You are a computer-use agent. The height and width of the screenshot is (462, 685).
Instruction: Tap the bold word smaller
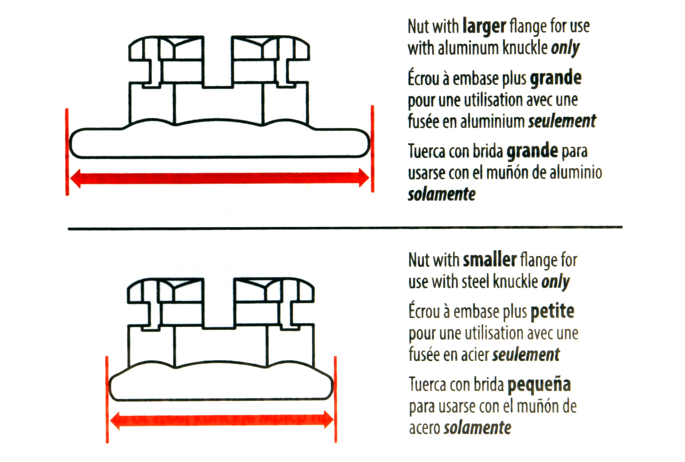[490, 260]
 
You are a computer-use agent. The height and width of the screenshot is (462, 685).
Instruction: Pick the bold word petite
[553, 311]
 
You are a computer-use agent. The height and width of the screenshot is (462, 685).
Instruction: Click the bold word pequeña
[540, 385]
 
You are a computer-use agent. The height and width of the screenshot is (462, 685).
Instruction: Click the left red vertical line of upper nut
[67, 152]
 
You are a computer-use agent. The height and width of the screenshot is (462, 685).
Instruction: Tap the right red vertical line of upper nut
[373, 149]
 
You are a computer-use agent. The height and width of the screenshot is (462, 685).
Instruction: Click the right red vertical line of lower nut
[335, 399]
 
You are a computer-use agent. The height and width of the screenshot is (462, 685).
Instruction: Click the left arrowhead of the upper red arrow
[75, 178]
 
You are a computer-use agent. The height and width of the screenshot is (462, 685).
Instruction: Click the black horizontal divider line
[345, 228]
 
